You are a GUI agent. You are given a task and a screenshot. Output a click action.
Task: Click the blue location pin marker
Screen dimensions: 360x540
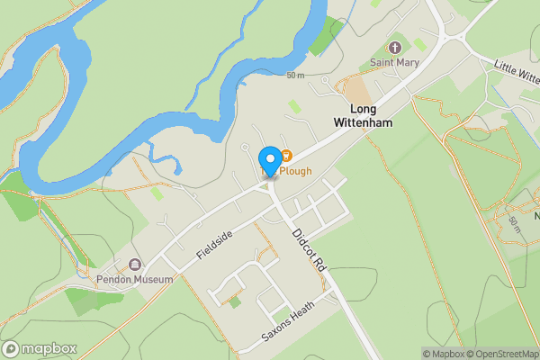tap(269, 158)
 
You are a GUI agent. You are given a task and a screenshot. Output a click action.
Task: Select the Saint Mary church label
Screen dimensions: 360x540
tap(394, 62)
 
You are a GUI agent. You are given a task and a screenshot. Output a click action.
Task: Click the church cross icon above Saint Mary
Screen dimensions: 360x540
tap(394, 47)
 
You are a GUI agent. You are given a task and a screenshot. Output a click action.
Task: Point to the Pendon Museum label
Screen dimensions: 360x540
tap(134, 280)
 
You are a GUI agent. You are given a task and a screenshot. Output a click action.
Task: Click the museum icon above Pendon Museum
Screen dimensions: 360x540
tap(135, 265)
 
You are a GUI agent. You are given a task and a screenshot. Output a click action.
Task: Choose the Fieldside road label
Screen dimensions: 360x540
tap(215, 246)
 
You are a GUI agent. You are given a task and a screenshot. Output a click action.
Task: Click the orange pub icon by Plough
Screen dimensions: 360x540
tap(286, 156)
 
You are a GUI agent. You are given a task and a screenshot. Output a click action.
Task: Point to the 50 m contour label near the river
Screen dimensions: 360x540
tap(295, 75)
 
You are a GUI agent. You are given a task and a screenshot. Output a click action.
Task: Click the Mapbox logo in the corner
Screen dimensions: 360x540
tap(40, 348)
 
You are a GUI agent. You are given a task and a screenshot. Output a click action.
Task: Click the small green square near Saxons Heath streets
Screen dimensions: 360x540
tap(235, 302)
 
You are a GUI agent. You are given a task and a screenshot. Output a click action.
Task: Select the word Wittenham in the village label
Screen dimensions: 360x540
tap(364, 122)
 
